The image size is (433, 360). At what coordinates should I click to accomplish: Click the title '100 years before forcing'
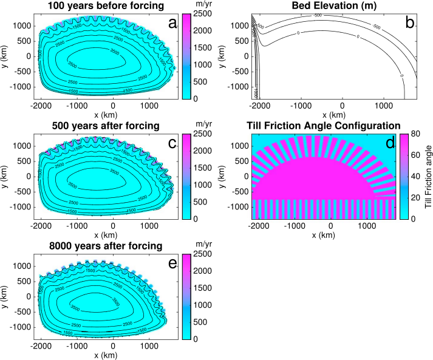(x=101, y=7)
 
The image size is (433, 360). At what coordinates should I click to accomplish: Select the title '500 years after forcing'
(x=101, y=126)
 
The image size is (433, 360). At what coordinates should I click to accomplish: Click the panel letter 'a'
(x=172, y=24)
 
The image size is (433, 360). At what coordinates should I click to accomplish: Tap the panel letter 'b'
(x=409, y=24)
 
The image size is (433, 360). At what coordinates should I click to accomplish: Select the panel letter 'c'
(x=172, y=143)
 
